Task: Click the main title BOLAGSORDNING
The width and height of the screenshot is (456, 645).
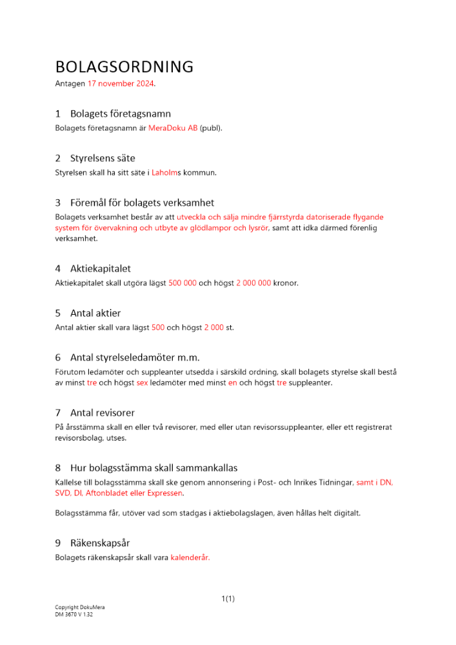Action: pos(124,66)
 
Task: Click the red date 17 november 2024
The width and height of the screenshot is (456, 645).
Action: pos(121,84)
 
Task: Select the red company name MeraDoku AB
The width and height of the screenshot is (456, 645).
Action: pos(173,128)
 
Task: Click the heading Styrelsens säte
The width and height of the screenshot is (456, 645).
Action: pos(103,158)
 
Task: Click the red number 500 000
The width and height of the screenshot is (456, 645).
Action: pos(183,283)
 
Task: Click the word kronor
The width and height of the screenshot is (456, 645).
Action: pos(286,283)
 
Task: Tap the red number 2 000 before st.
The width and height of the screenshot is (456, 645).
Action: pos(214,327)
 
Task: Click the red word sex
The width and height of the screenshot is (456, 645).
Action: pos(142,382)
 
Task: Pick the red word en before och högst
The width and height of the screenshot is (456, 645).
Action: pos(233,382)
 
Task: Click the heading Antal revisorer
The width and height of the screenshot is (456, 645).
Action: pos(103,412)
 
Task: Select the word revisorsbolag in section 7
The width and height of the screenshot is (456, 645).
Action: pos(81,438)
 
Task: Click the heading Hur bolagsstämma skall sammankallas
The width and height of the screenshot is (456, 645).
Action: pos(158,468)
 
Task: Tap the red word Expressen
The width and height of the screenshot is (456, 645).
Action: pos(165,493)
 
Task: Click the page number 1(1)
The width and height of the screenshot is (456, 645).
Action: pos(228,599)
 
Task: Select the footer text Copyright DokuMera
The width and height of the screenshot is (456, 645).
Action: pos(80,608)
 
